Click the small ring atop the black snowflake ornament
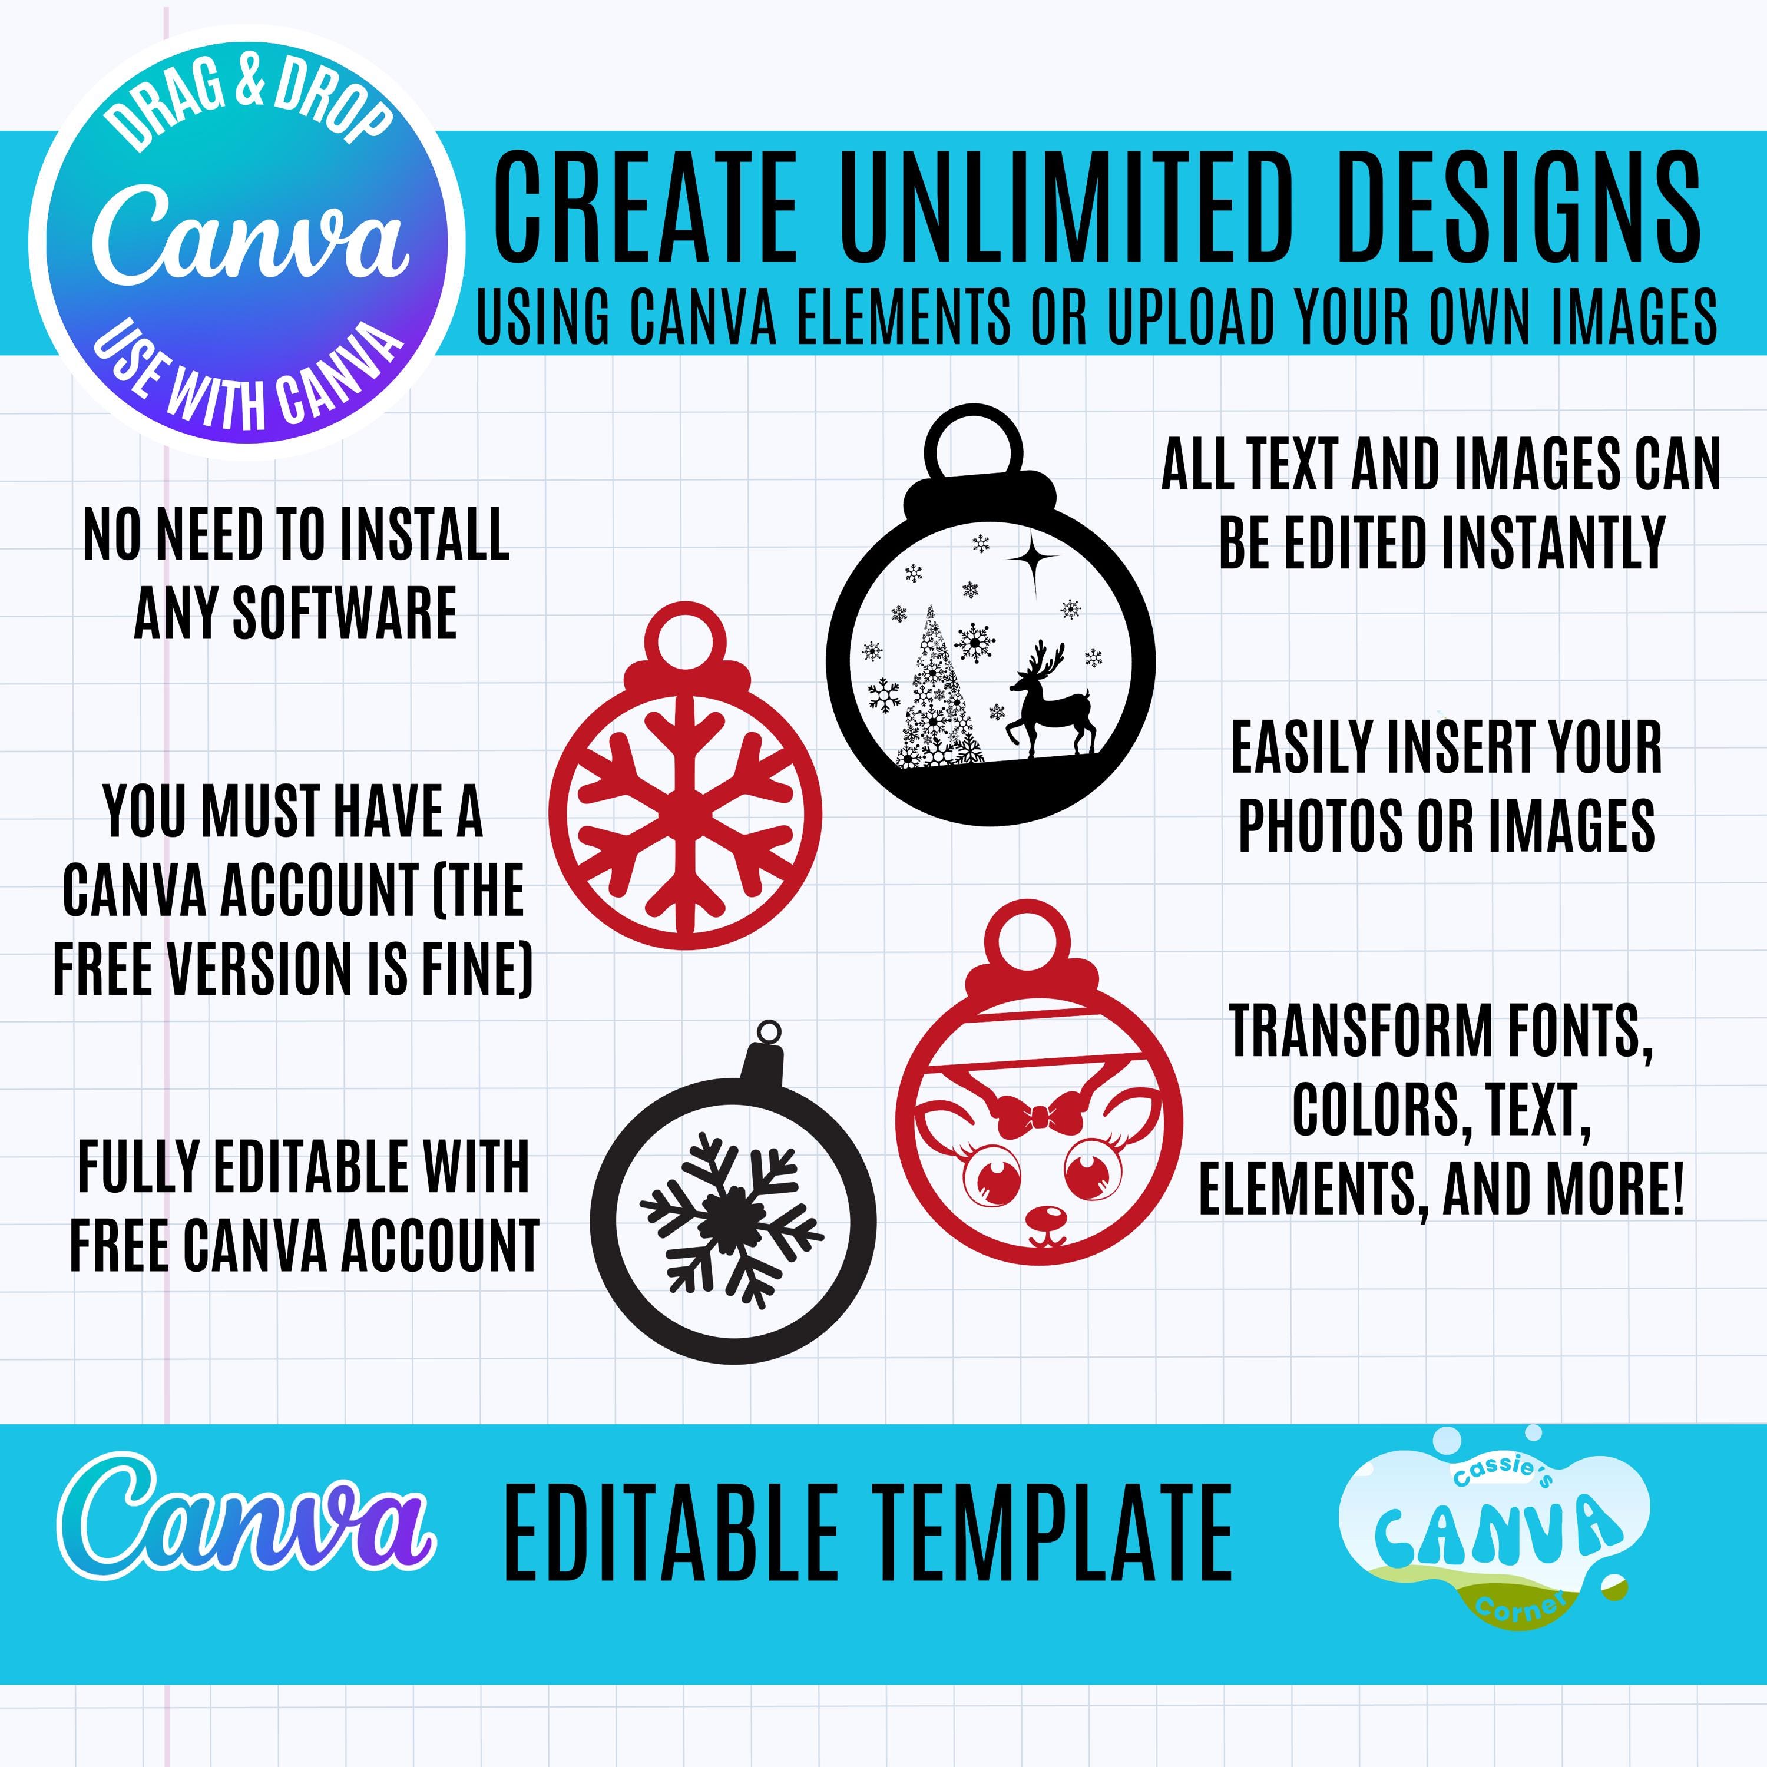coord(770,1031)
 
